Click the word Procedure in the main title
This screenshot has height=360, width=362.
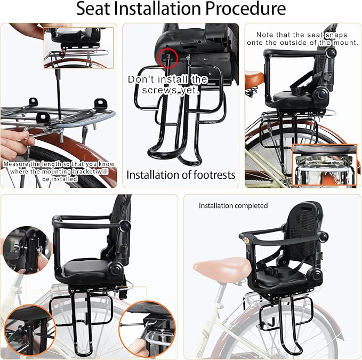[245, 9]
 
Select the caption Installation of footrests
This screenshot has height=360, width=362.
[181, 175]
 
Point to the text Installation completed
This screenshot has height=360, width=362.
[233, 205]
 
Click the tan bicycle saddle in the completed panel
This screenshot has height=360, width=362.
[222, 268]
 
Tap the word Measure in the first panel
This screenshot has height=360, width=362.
[16, 164]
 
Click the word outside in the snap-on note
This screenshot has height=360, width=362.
[293, 43]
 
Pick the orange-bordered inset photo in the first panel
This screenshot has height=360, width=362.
[79, 48]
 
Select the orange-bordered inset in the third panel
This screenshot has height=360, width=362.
[324, 165]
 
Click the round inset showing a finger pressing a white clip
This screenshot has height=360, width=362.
[147, 329]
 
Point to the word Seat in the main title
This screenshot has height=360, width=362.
[93, 9]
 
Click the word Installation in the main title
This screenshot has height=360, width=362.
[157, 9]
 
